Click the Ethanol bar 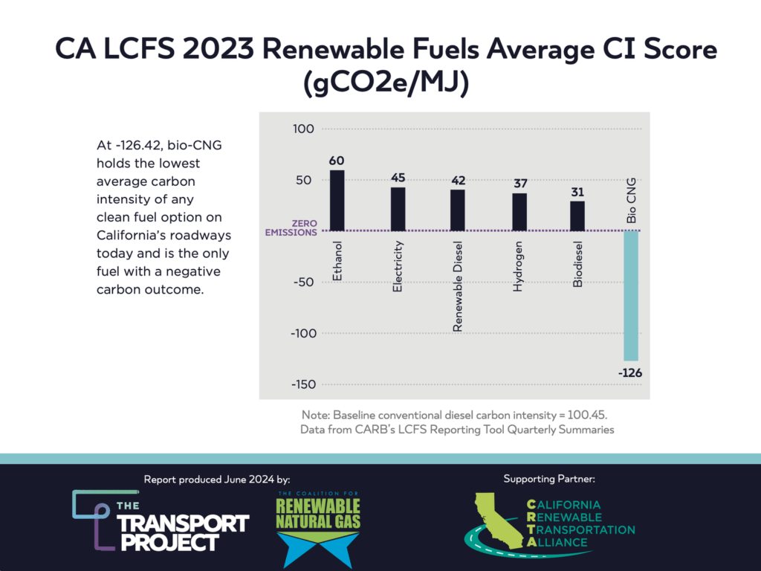(x=337, y=201)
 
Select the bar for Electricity (x=398, y=209)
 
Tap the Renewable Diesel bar (x=458, y=210)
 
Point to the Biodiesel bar (x=577, y=216)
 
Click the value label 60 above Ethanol (x=337, y=161)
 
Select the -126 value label (x=630, y=372)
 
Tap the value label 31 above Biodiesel (x=577, y=192)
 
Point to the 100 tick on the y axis (x=305, y=129)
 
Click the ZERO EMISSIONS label (x=293, y=228)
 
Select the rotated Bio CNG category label (x=631, y=201)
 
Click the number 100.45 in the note (x=595, y=414)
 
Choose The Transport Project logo (x=160, y=520)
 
